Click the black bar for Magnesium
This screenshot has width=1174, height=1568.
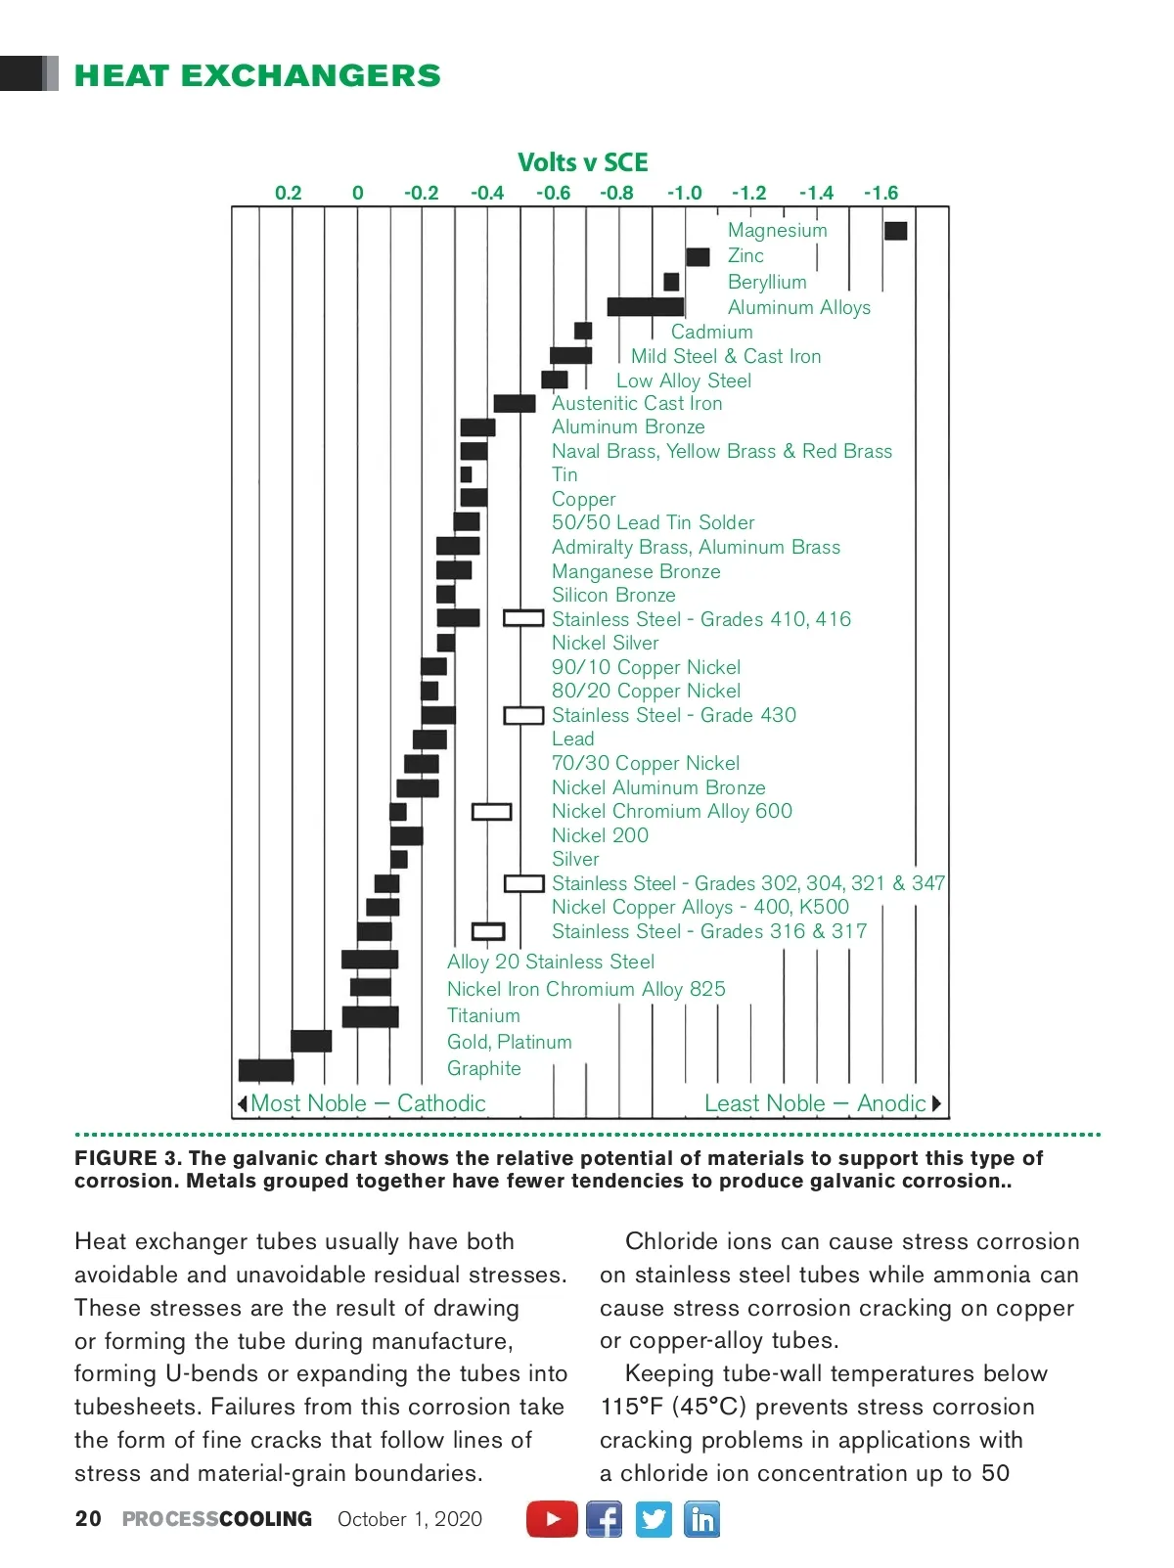[x=895, y=231]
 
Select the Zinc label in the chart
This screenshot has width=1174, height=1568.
[x=745, y=256]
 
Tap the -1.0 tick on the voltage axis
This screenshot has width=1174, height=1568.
[x=685, y=193]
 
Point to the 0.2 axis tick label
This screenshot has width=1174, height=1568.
[x=289, y=193]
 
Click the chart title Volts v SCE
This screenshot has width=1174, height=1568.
[x=583, y=162]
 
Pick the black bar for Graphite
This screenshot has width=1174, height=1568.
[x=266, y=1070]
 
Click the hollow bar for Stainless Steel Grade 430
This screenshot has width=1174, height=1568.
[x=523, y=716]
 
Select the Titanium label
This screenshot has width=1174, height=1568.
[x=483, y=1015]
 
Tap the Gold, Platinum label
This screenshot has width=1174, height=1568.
[x=509, y=1042]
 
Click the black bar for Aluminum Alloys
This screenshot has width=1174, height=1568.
[x=645, y=307]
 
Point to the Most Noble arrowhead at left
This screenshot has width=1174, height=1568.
[x=242, y=1104]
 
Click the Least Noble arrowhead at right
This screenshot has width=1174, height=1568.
[x=936, y=1104]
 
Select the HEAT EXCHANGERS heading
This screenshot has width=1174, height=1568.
[x=257, y=75]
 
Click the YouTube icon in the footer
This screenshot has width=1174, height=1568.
[x=552, y=1519]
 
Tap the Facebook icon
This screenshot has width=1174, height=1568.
[x=604, y=1519]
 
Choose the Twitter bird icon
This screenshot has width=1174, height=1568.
[x=654, y=1519]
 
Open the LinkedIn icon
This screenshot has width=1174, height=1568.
[x=701, y=1519]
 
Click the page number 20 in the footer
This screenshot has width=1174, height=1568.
[x=88, y=1519]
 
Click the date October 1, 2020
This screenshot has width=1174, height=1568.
[x=410, y=1519]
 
